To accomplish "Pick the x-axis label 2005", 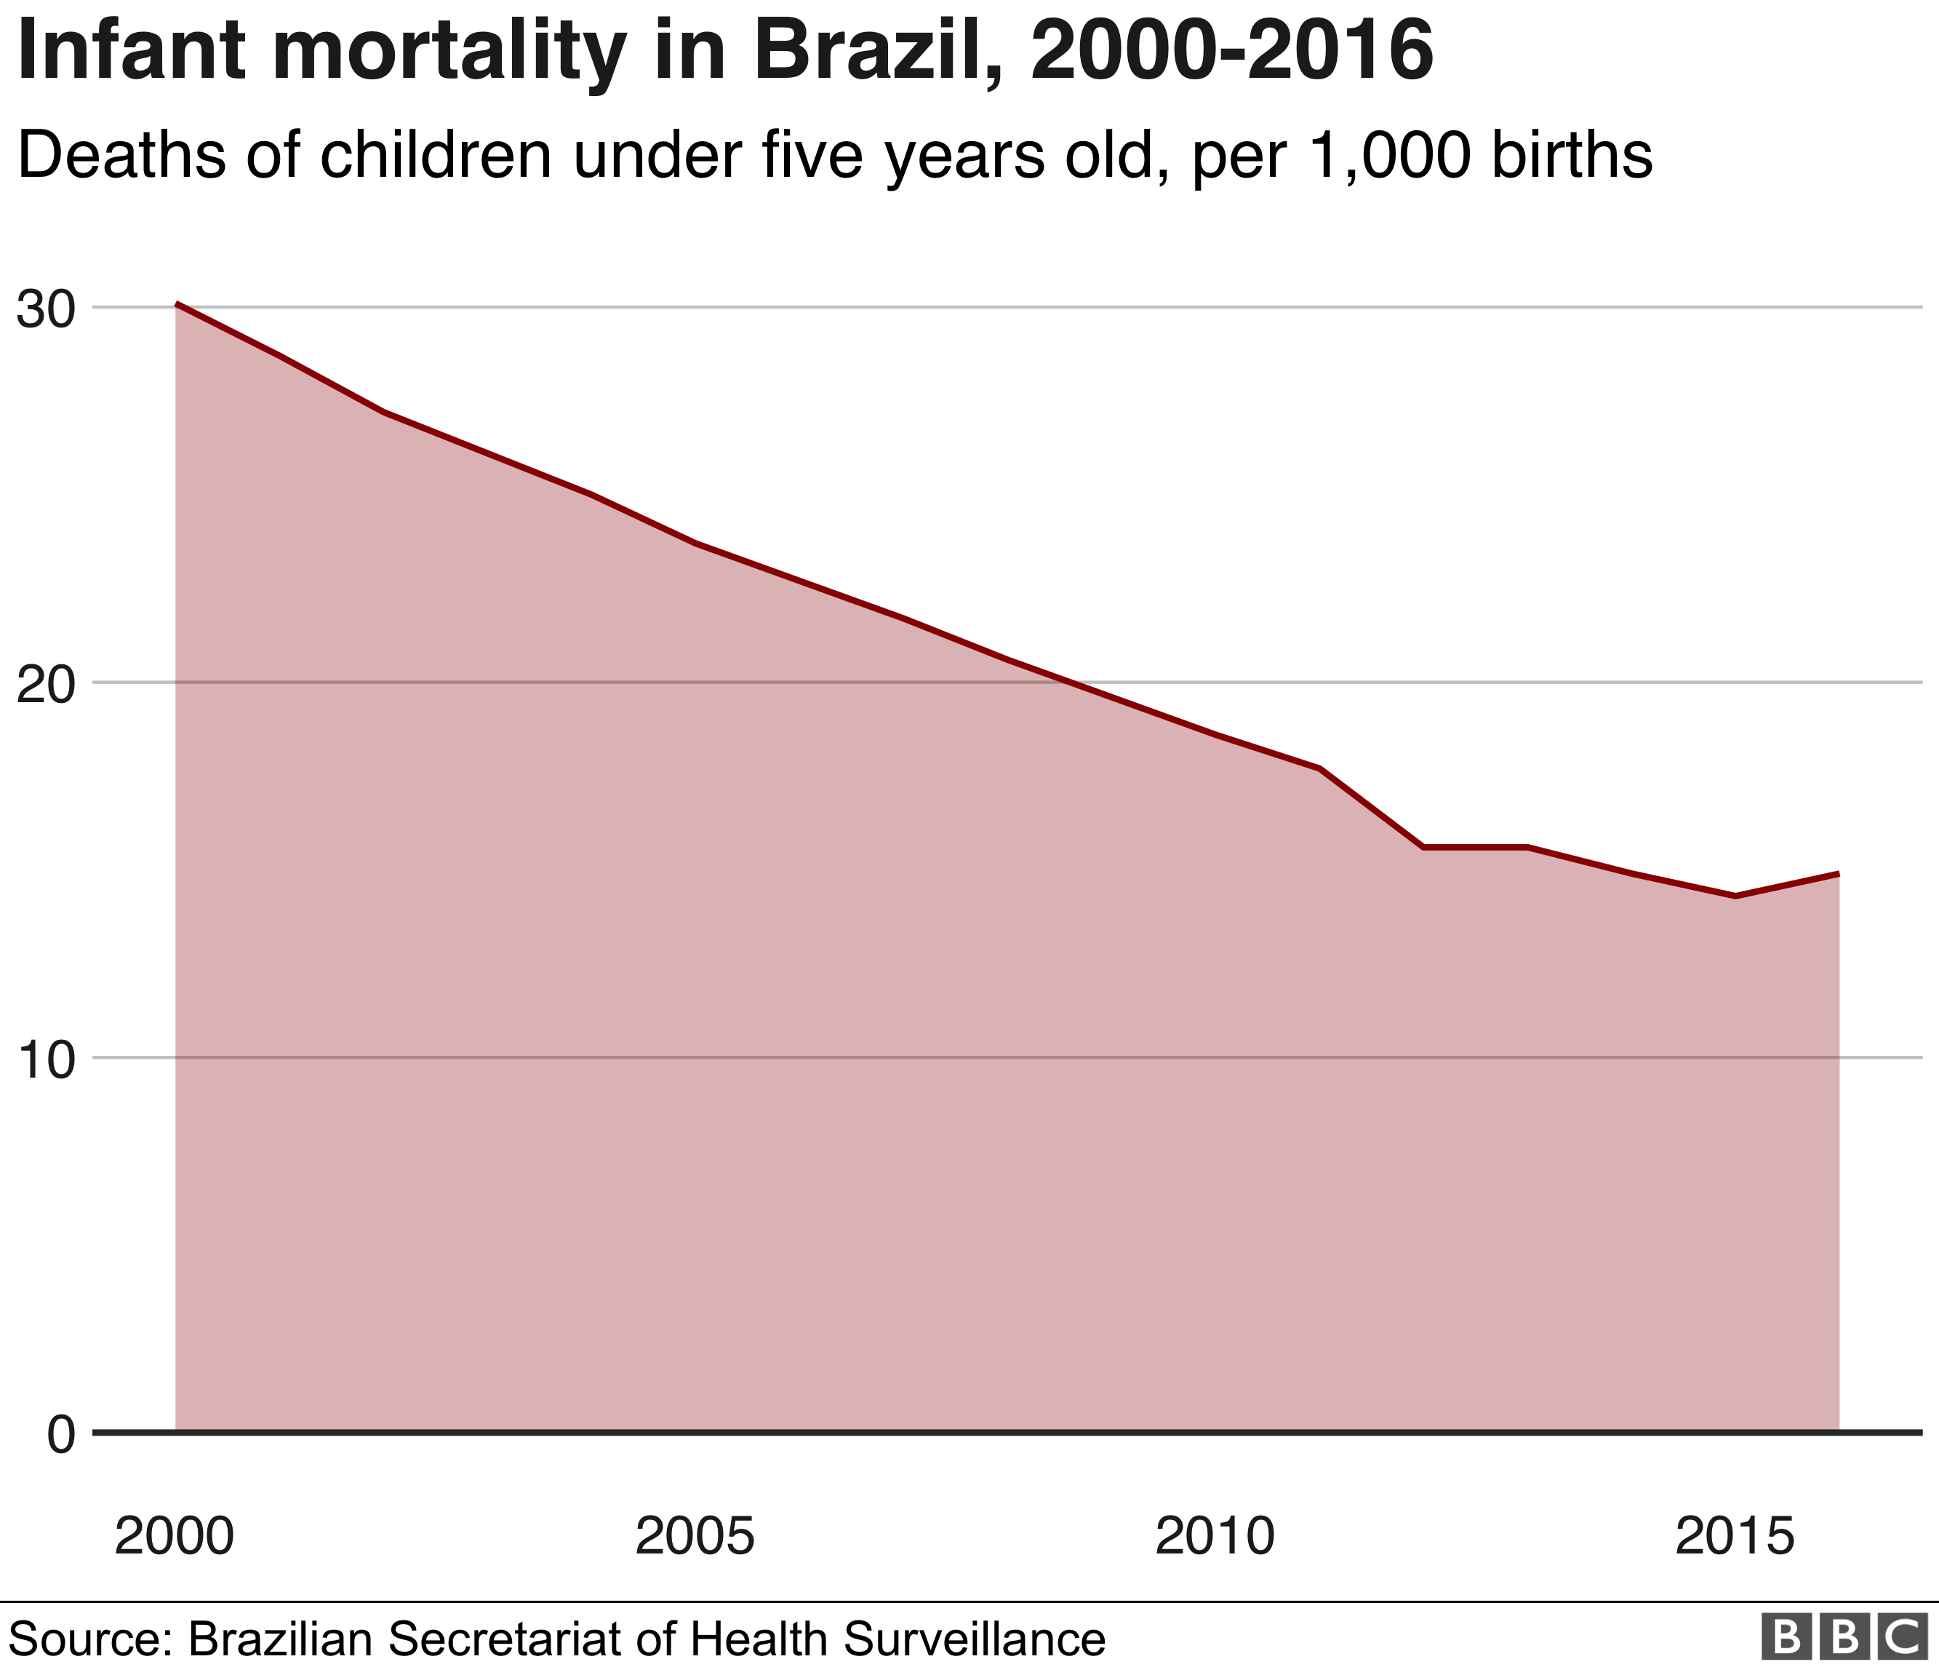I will coord(695,1537).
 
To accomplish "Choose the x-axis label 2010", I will coord(1215,1537).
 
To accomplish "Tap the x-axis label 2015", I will coord(1735,1537).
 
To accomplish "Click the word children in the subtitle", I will coord(435,156).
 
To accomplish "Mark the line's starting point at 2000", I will coord(176,304).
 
